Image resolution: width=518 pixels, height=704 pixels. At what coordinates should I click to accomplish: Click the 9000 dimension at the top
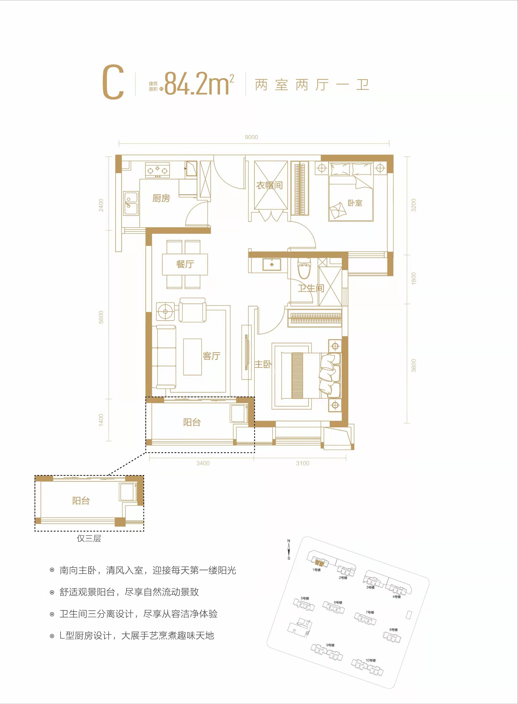251,137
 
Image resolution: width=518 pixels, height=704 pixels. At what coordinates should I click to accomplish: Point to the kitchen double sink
131,203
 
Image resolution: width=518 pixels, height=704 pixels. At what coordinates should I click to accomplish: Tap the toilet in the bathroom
304,269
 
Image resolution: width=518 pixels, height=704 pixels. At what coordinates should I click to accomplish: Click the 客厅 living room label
212,356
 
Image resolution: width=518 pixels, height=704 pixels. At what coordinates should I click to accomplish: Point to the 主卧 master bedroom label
263,364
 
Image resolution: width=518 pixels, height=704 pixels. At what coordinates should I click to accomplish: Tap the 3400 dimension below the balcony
203,463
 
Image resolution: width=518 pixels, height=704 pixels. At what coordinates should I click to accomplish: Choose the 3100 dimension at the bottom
303,463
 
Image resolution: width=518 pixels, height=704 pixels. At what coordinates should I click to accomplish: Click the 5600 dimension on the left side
101,317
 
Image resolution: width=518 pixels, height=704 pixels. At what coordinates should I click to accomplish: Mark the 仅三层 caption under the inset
89,539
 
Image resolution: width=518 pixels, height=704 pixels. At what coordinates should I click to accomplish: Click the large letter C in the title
113,82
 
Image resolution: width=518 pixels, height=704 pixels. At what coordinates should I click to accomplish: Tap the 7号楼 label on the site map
370,612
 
